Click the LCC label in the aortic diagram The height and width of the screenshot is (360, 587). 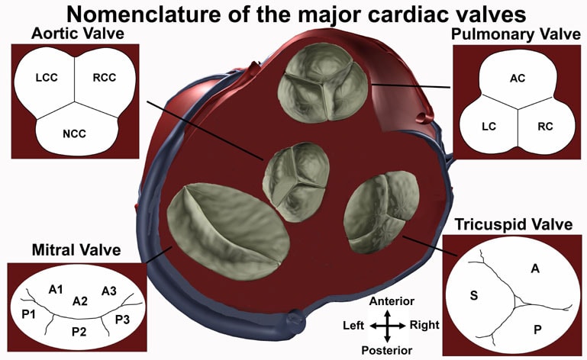47,78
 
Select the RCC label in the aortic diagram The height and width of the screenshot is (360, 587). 105,78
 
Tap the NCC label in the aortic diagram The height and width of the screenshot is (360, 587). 75,133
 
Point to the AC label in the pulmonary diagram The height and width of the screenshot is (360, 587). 518,79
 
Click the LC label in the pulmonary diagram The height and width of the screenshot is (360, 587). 489,127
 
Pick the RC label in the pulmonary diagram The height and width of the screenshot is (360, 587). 545,127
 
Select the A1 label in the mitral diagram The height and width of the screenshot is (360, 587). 56,289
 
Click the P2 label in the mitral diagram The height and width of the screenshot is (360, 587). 79,331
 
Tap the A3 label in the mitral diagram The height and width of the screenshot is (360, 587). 109,291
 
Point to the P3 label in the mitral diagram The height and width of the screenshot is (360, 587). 122,320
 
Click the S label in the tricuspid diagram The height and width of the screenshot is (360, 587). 474,296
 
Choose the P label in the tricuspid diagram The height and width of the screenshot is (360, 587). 537,329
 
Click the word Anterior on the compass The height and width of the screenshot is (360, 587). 392,301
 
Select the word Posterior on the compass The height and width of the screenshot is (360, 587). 387,350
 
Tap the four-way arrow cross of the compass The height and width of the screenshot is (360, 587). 388,326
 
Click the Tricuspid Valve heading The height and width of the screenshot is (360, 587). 514,224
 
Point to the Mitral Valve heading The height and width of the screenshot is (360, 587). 76,249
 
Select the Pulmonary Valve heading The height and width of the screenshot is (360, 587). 515,34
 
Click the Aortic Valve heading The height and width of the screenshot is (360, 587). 78,34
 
